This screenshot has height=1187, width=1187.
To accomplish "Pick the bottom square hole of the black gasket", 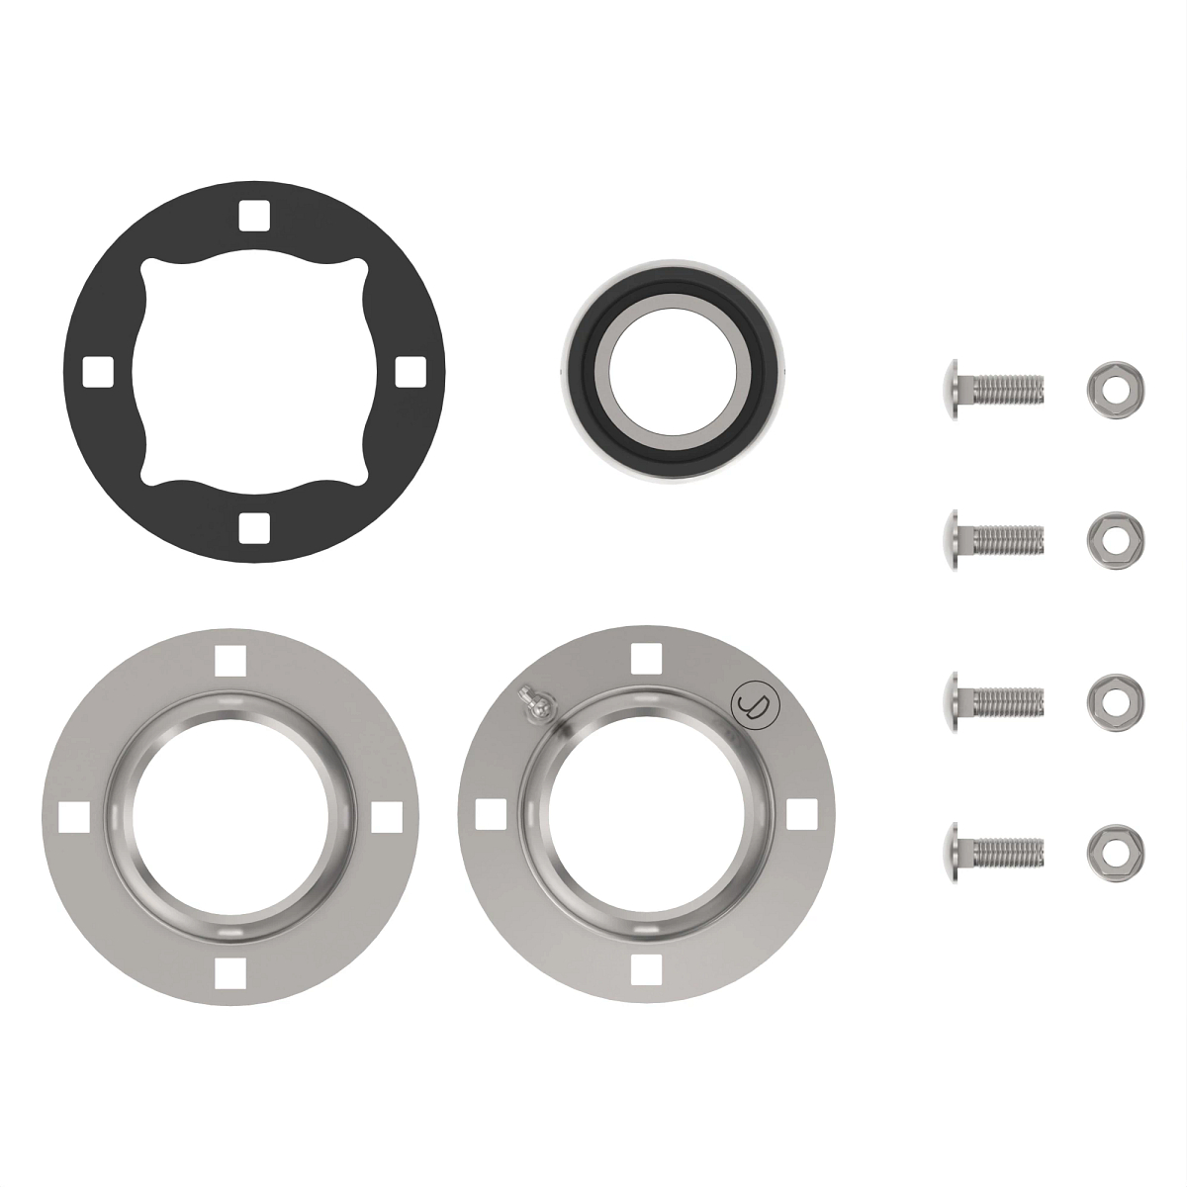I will point(253,528).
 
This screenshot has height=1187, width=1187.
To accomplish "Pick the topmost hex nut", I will point(1116,383).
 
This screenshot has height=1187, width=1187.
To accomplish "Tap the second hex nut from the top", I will point(1116,535).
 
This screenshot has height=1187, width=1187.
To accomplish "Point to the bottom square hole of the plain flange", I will point(230,971).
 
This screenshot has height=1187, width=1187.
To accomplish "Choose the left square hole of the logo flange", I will point(487,813).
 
